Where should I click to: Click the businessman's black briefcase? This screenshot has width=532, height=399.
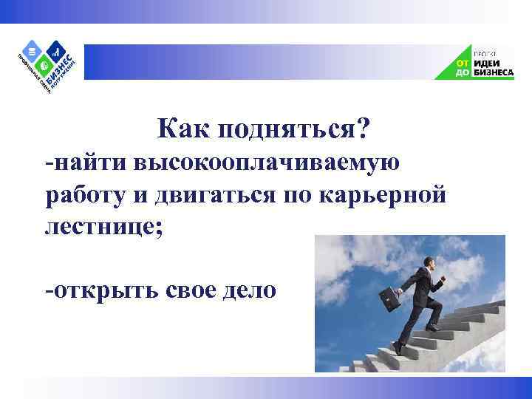click(390, 300)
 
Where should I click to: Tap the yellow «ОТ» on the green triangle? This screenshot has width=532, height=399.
click(461, 63)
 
